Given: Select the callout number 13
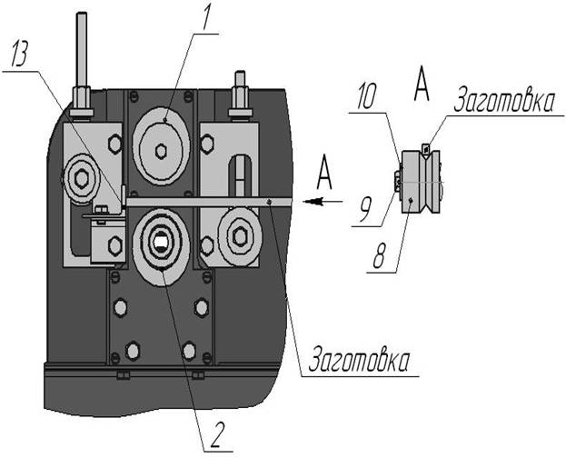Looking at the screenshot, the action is point(20,54).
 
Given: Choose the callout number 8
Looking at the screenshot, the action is point(379,255).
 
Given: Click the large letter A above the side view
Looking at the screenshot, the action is point(422,85).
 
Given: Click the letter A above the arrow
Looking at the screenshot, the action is point(324,173).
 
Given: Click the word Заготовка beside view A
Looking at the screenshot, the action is point(502,101).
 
